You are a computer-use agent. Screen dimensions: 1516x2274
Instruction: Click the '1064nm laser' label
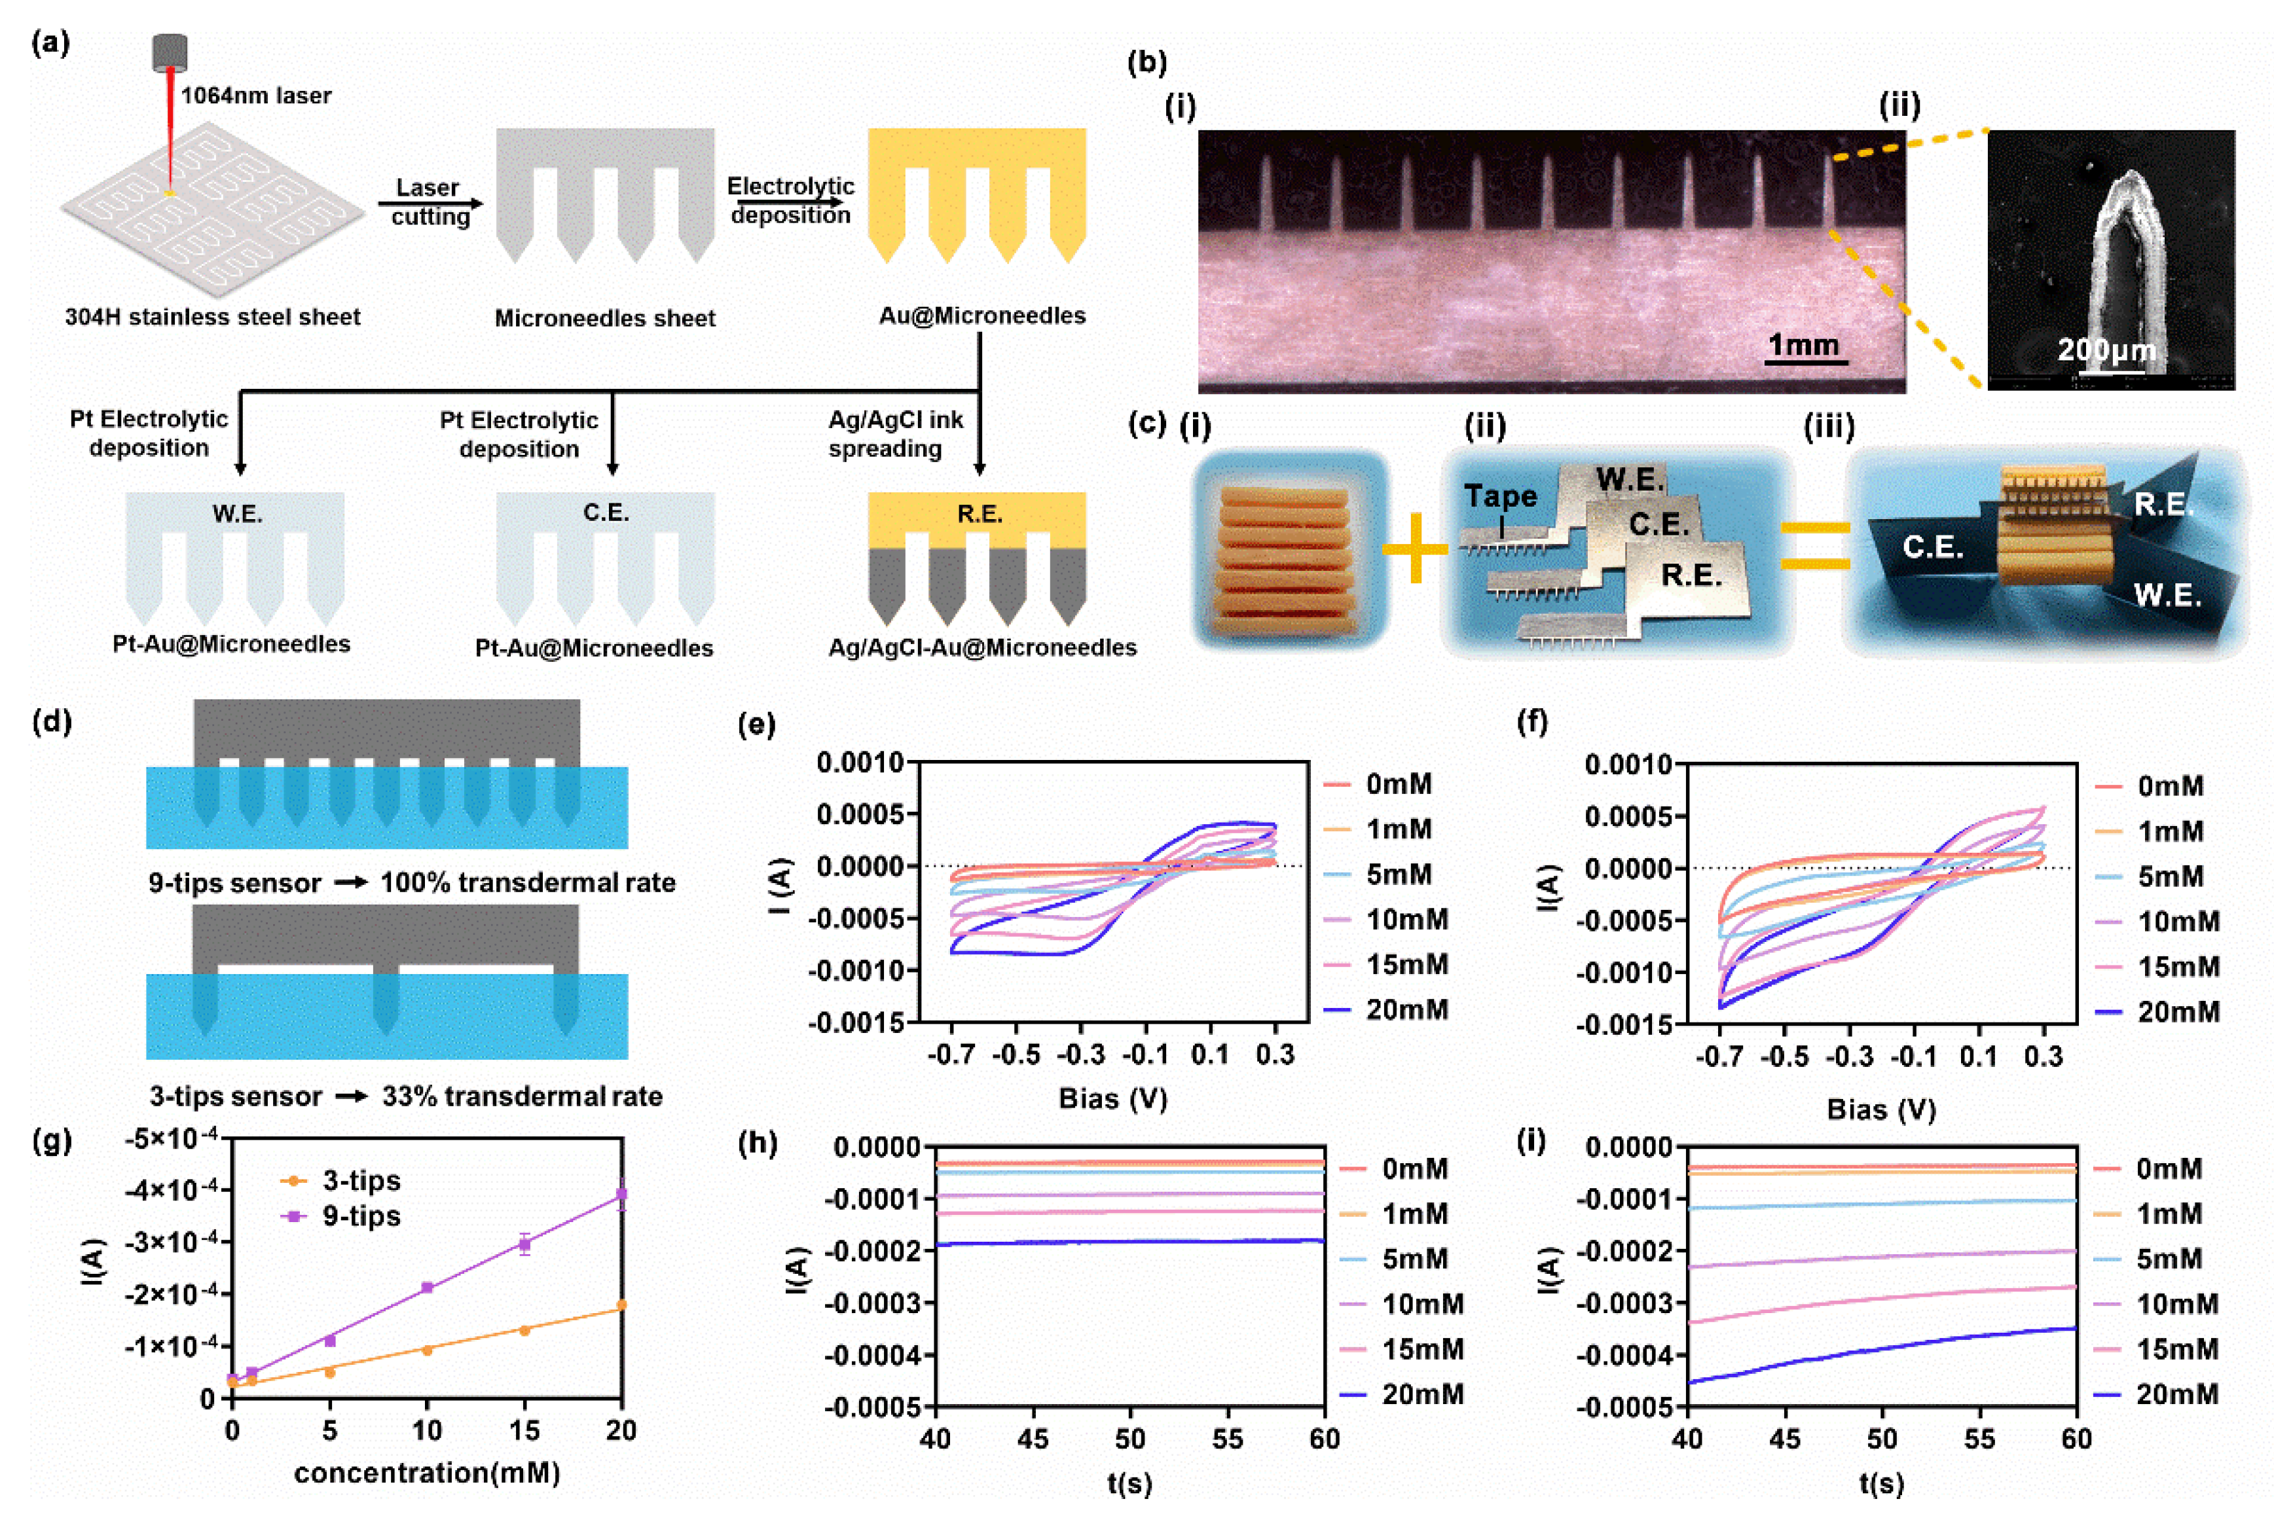click(x=256, y=96)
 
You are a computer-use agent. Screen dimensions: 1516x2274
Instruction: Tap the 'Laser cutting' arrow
click(x=430, y=203)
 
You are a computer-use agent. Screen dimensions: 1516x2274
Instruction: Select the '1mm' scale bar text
click(x=1803, y=345)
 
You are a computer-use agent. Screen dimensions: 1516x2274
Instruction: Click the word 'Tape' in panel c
click(x=1499, y=496)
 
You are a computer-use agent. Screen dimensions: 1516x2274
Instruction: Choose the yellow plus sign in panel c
click(x=1414, y=548)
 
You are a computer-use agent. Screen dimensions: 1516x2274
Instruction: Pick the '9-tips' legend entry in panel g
click(x=361, y=1216)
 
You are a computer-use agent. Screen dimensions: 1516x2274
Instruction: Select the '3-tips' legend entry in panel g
click(x=361, y=1180)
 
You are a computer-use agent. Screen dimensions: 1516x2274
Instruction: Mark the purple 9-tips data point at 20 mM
click(x=621, y=1195)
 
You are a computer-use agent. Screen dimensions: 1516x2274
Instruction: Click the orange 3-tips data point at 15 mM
click(x=524, y=1330)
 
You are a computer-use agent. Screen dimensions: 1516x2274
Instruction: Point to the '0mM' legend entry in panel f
click(x=2171, y=786)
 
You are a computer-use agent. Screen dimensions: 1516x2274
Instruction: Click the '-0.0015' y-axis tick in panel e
click(x=860, y=1022)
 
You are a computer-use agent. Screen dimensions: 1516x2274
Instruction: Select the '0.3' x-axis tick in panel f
click(x=2043, y=1056)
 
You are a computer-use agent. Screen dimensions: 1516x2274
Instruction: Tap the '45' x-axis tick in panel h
click(x=1033, y=1439)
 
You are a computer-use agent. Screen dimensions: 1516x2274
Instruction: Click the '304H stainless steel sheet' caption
click(x=213, y=317)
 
